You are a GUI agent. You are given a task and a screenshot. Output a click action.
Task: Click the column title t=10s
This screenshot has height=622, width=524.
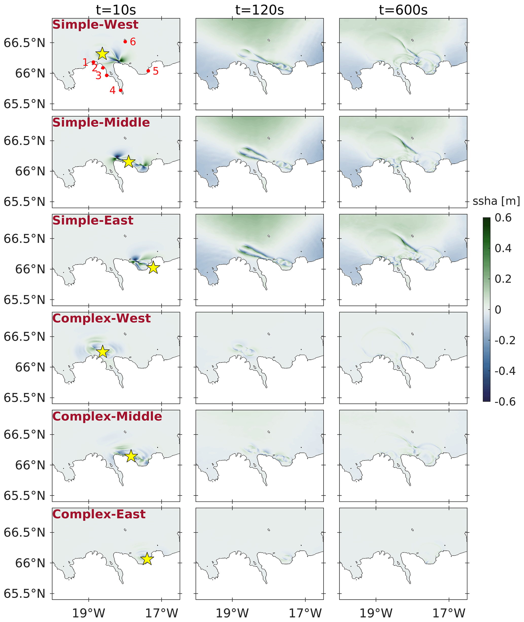pos(116,10)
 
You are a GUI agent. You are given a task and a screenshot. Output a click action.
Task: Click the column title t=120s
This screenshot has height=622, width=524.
pos(259,10)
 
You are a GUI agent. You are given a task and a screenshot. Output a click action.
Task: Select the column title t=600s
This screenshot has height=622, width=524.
pos(403,10)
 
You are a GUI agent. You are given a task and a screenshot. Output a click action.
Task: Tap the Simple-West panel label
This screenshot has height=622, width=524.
pos(95,25)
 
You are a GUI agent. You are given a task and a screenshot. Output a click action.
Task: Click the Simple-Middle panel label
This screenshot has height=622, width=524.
pos(101,123)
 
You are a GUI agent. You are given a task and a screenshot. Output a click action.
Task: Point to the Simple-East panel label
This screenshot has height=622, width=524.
pos(93,221)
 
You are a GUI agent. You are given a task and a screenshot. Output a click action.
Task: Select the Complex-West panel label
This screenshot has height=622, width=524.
pos(101,318)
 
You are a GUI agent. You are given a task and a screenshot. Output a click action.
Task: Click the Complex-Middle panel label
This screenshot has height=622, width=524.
pos(107,416)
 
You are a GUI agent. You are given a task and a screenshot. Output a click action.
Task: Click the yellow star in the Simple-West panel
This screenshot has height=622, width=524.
pos(102,54)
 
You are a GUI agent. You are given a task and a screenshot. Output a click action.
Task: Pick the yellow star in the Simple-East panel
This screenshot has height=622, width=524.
pos(153,268)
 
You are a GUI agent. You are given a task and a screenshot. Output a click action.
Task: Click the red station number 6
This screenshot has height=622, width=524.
pos(133,42)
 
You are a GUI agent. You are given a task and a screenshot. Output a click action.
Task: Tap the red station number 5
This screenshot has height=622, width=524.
pos(156,71)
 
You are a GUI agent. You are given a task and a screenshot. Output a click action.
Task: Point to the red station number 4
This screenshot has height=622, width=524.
pos(112,90)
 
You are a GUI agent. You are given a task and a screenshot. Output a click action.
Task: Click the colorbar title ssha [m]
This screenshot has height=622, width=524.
pos(496,201)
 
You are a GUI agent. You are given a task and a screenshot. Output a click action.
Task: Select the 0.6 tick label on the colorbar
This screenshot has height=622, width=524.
pos(503,218)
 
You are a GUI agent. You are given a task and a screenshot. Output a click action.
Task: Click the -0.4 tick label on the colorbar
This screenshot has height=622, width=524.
pos(505,371)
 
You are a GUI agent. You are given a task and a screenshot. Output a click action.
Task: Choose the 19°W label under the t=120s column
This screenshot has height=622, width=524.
pos(232,613)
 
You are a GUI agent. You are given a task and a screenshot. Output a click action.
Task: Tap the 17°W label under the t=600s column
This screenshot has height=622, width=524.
pos(449,613)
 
